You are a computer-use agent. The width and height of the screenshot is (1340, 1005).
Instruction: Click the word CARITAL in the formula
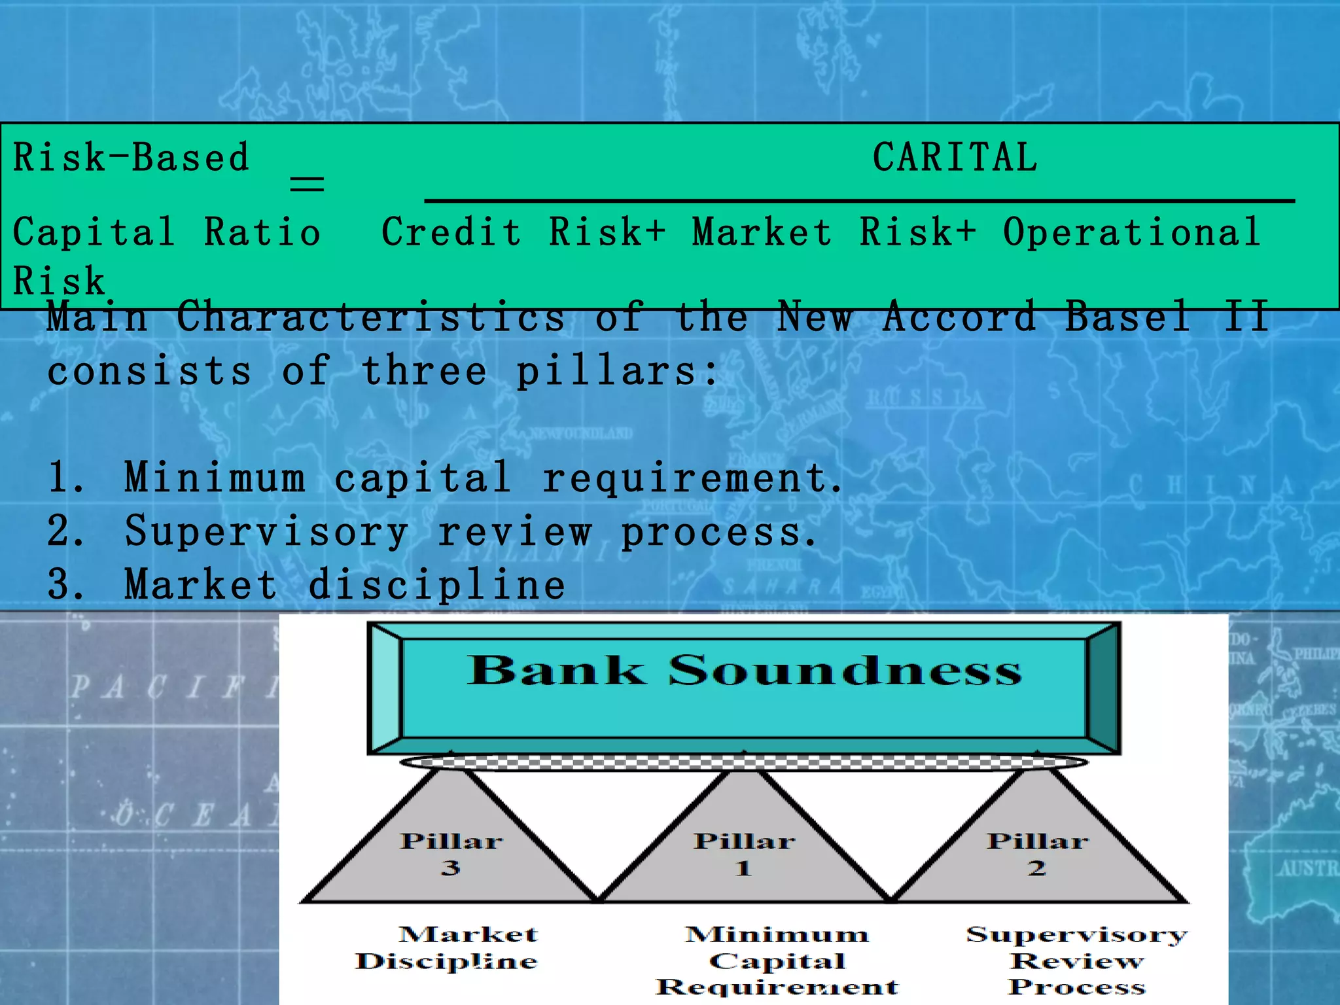coord(955,158)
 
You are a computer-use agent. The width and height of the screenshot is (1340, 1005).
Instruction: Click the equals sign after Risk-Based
coord(307,184)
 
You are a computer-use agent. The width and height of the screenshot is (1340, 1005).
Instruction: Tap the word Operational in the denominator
coord(1132,232)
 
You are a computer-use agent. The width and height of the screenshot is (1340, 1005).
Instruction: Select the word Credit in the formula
coord(451,232)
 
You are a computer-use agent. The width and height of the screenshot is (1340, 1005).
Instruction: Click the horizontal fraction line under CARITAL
coord(859,200)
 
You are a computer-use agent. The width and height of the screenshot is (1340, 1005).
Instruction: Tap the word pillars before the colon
coord(607,372)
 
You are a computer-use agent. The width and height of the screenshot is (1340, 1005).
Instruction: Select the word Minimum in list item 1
coord(215,478)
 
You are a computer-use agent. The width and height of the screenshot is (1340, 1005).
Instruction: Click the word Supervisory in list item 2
coord(266,531)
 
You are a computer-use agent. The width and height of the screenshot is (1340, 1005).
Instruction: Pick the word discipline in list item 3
coord(436,585)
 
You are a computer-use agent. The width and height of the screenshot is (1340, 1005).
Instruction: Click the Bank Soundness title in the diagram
coord(744,671)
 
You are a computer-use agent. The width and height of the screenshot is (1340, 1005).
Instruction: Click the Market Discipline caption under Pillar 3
coord(448,947)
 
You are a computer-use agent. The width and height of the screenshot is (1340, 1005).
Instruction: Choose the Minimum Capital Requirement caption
coord(777,960)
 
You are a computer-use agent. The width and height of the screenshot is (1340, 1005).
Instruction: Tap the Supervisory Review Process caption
coord(1076,960)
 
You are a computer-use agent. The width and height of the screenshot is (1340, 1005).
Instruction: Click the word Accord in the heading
coord(959,317)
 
